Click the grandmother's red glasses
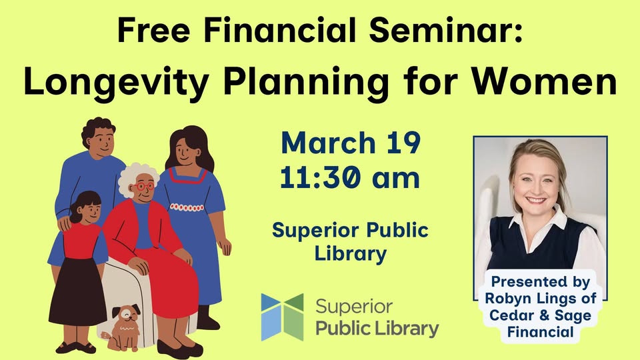[144, 186]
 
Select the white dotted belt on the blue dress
[187, 207]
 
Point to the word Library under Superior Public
[351, 254]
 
